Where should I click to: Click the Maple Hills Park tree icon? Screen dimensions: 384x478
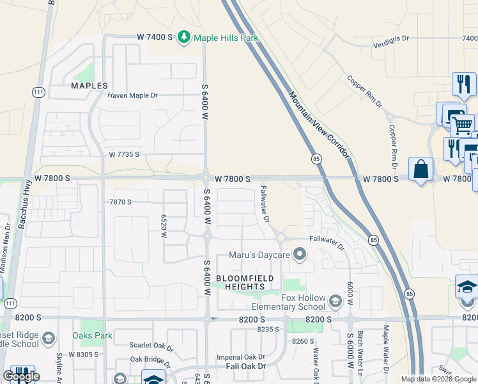[185, 37]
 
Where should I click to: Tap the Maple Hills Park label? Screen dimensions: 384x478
[226, 38]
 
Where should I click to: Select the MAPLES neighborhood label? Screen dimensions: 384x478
[89, 85]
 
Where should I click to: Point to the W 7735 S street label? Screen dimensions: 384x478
[124, 155]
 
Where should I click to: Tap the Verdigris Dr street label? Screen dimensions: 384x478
[390, 38]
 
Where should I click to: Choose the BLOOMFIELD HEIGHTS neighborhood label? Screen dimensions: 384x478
[245, 282]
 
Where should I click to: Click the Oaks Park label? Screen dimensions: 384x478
[93, 336]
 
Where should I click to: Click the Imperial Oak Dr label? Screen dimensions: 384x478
[241, 357]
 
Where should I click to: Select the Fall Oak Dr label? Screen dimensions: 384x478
[245, 366]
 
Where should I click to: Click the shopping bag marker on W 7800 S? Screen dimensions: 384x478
[420, 170]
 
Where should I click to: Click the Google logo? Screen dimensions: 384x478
[21, 376]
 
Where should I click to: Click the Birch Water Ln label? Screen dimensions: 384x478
[360, 358]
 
